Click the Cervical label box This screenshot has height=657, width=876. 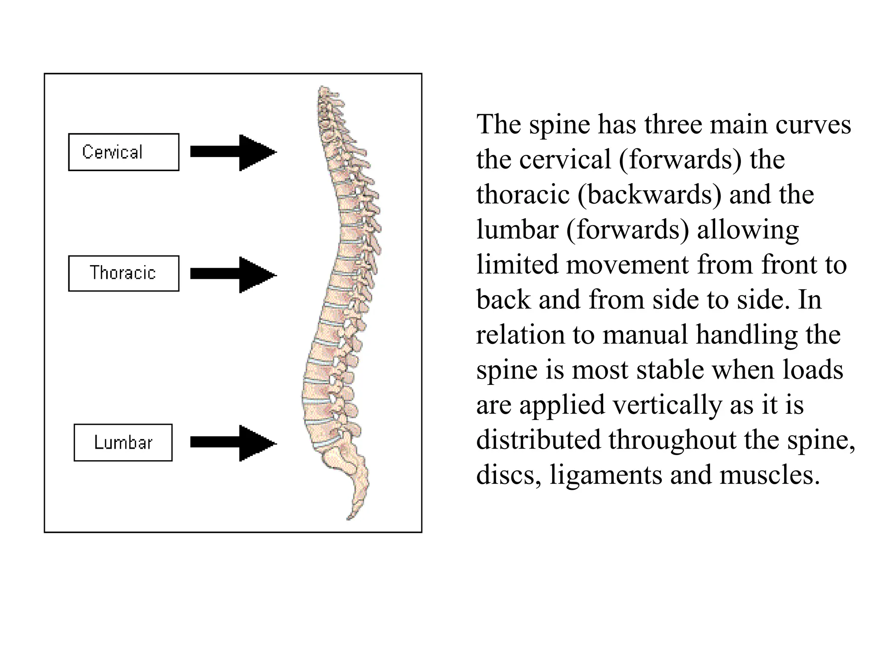pos(124,152)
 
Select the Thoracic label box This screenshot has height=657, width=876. pos(124,273)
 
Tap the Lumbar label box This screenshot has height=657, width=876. pos(123,442)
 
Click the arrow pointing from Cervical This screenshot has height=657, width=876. pos(233,152)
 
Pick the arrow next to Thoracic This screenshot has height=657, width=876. pos(233,275)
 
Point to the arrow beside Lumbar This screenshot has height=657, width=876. pos(233,443)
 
